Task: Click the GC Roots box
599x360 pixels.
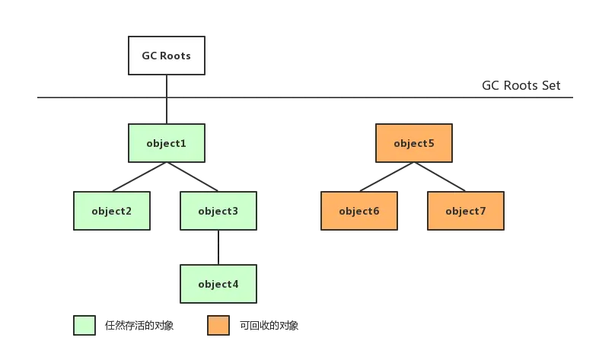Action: (x=167, y=56)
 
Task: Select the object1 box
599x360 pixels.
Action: (x=167, y=143)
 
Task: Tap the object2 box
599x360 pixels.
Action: (x=112, y=211)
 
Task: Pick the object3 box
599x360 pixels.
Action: (x=218, y=211)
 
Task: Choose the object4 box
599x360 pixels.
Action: (x=218, y=284)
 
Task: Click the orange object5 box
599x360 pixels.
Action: (x=414, y=143)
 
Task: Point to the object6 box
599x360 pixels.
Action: (x=359, y=211)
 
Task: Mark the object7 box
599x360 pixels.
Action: (x=466, y=211)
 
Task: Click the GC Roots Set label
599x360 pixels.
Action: (x=521, y=85)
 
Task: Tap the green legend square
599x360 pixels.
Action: (x=84, y=325)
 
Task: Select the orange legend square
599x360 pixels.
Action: (x=218, y=325)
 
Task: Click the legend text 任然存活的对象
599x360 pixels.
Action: (x=139, y=325)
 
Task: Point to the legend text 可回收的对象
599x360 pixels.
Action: (x=269, y=325)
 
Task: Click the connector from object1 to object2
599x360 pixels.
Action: (x=139, y=177)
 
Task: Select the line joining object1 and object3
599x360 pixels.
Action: (x=192, y=177)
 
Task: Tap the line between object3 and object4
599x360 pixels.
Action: (x=218, y=247)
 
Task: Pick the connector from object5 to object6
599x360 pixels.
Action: (x=387, y=177)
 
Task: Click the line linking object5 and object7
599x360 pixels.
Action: (x=440, y=177)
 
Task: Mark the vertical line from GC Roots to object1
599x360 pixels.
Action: (x=167, y=99)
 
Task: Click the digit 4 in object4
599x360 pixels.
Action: (x=235, y=284)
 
